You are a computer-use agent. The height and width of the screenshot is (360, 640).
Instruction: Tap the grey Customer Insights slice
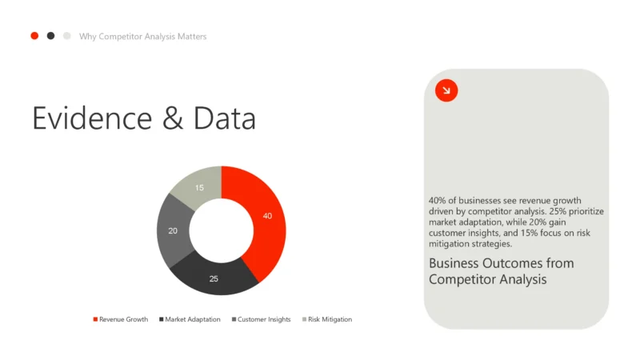(173, 230)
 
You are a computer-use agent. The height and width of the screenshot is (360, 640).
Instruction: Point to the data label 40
(267, 216)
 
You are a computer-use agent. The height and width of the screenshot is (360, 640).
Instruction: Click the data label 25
(214, 278)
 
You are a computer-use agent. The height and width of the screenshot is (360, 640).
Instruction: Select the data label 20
(173, 230)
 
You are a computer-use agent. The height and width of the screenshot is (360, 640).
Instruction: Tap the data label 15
(199, 188)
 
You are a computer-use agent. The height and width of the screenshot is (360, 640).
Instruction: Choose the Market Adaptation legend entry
(191, 319)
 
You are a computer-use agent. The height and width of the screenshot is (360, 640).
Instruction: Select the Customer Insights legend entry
(263, 319)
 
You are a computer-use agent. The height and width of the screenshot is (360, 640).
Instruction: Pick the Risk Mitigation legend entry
(329, 319)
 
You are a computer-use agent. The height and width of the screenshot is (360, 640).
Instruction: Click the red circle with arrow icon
(446, 90)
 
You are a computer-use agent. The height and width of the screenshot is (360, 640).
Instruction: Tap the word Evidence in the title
(92, 118)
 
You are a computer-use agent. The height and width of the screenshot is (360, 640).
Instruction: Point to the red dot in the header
(34, 36)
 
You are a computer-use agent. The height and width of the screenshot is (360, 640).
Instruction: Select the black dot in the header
(50, 36)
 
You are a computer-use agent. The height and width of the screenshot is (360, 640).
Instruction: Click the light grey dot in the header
(67, 36)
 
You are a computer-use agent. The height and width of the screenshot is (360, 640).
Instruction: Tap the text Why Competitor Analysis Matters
(142, 37)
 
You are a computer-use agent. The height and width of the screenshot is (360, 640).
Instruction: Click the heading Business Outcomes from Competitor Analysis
(501, 271)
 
